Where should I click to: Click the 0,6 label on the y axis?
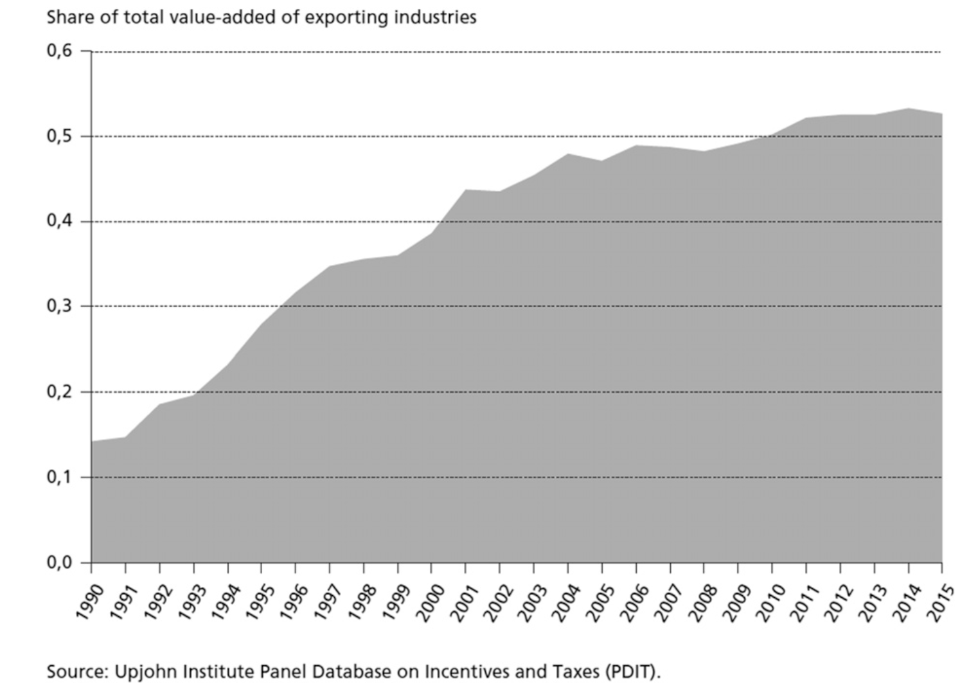click(x=59, y=51)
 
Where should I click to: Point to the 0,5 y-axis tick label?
click(x=59, y=136)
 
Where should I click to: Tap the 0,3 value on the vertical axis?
click(x=59, y=306)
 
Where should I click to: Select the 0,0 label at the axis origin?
click(x=59, y=562)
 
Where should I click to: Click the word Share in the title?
click(x=66, y=17)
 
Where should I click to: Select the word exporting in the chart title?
click(x=346, y=17)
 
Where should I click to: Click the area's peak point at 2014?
click(x=908, y=109)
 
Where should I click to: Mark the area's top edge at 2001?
click(x=466, y=190)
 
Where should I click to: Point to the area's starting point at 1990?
click(x=92, y=442)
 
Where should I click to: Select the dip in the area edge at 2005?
click(x=601, y=161)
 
